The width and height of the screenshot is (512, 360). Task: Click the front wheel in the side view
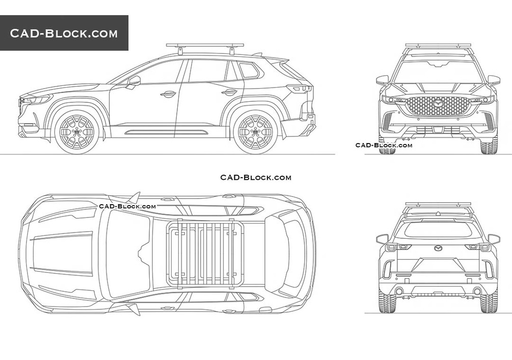point(76,131)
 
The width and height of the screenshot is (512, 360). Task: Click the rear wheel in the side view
point(255,131)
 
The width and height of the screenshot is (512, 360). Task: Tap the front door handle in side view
point(168,94)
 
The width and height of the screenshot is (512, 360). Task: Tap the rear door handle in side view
point(229,92)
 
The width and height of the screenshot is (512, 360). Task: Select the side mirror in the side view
point(134,81)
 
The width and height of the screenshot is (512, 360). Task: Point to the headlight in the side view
point(37,99)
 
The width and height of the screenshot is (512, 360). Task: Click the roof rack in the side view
point(205,46)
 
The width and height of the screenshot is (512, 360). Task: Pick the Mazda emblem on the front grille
point(437,103)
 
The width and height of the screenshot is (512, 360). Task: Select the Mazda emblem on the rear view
point(437,248)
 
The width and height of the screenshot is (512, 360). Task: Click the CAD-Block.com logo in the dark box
point(64,34)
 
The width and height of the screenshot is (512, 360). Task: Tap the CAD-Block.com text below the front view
point(384,145)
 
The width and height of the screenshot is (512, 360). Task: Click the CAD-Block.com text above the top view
point(256,177)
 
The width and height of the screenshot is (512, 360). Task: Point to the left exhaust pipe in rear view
point(398,291)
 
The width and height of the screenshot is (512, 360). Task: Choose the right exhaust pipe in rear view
point(477,291)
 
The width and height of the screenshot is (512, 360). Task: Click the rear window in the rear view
point(437,230)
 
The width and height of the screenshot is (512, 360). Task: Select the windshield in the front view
point(437,73)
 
